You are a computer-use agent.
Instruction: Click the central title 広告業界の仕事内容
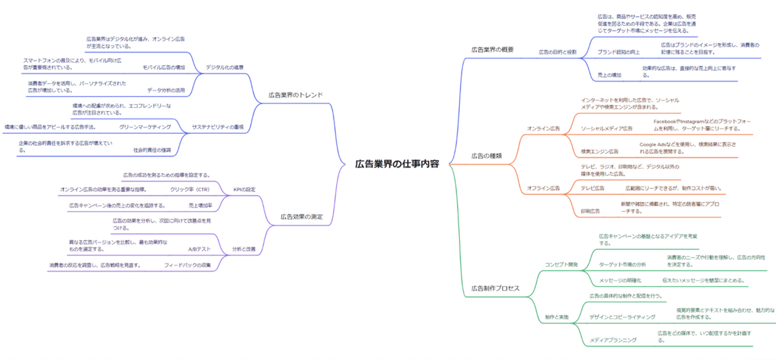[397, 164]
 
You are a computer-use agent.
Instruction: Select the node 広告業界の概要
[493, 50]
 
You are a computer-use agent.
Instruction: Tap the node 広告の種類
[486, 156]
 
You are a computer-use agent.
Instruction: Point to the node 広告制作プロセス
[495, 288]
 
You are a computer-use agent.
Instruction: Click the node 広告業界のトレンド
[296, 95]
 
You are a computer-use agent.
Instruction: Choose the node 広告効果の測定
[302, 217]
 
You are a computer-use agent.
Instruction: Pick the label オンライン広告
[543, 129]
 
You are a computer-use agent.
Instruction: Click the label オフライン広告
[543, 188]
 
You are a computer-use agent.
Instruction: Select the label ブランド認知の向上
[619, 52]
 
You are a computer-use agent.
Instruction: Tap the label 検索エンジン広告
[600, 151]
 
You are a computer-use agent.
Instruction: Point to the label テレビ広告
[592, 188]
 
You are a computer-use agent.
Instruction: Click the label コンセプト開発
[561, 265]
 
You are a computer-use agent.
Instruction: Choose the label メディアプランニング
[613, 340]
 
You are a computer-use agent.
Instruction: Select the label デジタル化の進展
[225, 67]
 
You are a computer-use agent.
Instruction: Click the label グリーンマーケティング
[145, 127]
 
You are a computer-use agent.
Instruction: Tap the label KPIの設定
[244, 190]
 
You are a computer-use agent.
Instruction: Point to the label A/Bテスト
[199, 250]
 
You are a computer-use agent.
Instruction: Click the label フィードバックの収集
[188, 265]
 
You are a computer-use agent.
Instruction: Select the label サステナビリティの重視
[218, 127]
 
